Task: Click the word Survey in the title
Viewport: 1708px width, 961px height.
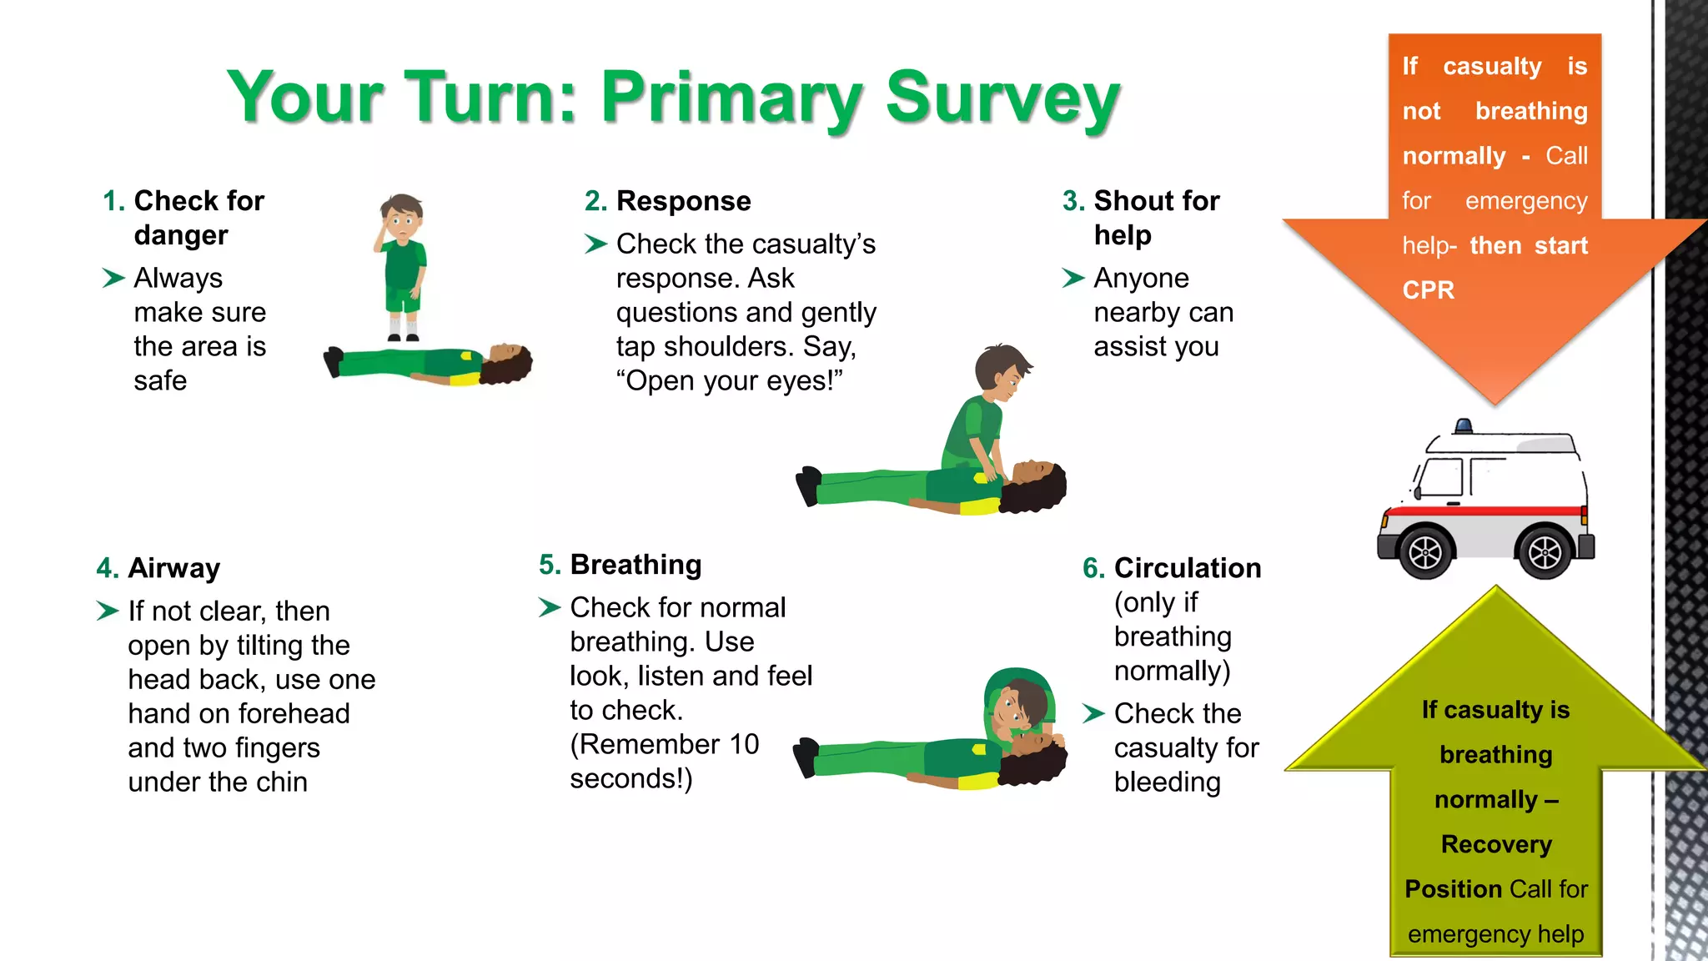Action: [1002, 98]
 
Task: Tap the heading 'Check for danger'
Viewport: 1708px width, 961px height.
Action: [198, 218]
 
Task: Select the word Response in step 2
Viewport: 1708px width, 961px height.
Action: [683, 201]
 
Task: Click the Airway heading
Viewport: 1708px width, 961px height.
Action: [173, 568]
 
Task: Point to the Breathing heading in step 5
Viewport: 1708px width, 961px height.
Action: [635, 565]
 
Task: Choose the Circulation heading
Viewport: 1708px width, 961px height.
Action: [1187, 568]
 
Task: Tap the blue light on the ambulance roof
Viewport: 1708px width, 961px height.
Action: [1463, 426]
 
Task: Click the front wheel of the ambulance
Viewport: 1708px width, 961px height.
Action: [1425, 551]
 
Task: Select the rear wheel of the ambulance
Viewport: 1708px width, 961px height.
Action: [1545, 551]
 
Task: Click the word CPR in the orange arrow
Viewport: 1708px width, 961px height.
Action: [1428, 290]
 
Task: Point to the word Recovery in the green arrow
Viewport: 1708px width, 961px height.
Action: [1496, 844]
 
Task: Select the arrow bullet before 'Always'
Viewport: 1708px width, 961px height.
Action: [113, 278]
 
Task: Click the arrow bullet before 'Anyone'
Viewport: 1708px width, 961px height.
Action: [1073, 278]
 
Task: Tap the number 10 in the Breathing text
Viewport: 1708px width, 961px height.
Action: [744, 744]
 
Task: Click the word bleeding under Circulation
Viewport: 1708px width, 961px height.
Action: [1167, 782]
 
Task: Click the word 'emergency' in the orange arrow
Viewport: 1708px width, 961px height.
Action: [1525, 201]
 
